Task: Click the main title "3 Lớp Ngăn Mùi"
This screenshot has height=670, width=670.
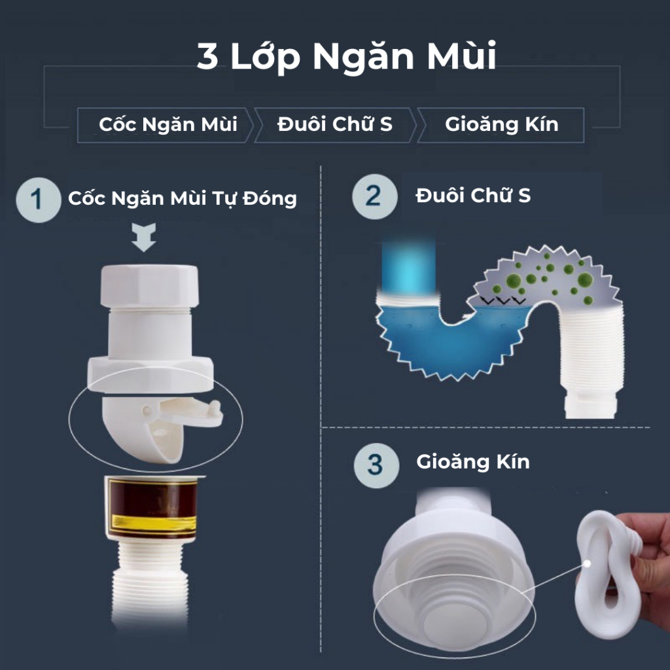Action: click(x=346, y=56)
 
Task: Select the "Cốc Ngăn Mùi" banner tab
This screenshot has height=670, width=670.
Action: click(x=165, y=125)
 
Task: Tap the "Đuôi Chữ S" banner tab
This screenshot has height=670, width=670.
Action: click(x=335, y=125)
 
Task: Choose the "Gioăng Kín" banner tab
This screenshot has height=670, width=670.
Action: click(x=501, y=125)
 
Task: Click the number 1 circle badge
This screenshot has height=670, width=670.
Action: click(x=39, y=200)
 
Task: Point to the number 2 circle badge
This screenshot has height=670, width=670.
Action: click(x=375, y=196)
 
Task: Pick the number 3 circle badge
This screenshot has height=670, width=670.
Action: click(x=376, y=465)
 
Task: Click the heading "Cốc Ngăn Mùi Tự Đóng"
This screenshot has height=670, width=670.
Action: click(x=183, y=199)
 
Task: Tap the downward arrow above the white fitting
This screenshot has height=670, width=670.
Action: click(x=143, y=237)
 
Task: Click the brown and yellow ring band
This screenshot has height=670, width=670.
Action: click(x=151, y=507)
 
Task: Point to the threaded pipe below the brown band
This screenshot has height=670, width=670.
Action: click(x=150, y=586)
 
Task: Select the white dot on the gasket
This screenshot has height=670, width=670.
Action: click(x=588, y=564)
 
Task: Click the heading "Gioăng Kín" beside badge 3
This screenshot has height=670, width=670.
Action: click(x=473, y=463)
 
